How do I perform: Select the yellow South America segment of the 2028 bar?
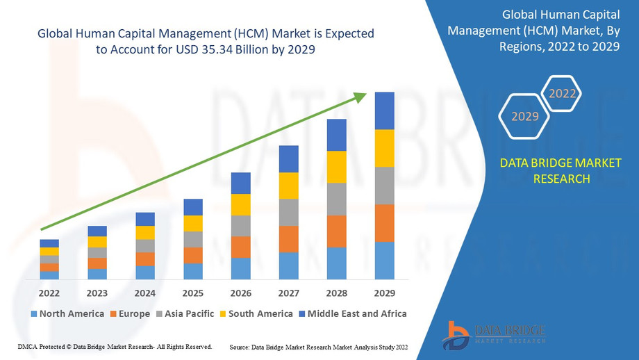coord(336,167)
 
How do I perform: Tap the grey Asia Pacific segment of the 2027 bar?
coord(288,213)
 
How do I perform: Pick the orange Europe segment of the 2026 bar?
coord(240,247)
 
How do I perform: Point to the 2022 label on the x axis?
coord(49,293)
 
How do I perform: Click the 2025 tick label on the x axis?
coord(192,293)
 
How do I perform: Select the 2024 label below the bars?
coord(144,293)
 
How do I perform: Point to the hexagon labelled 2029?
coord(525,116)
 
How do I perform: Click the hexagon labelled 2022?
coord(562,93)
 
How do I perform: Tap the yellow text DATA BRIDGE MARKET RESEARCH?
coord(561,170)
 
